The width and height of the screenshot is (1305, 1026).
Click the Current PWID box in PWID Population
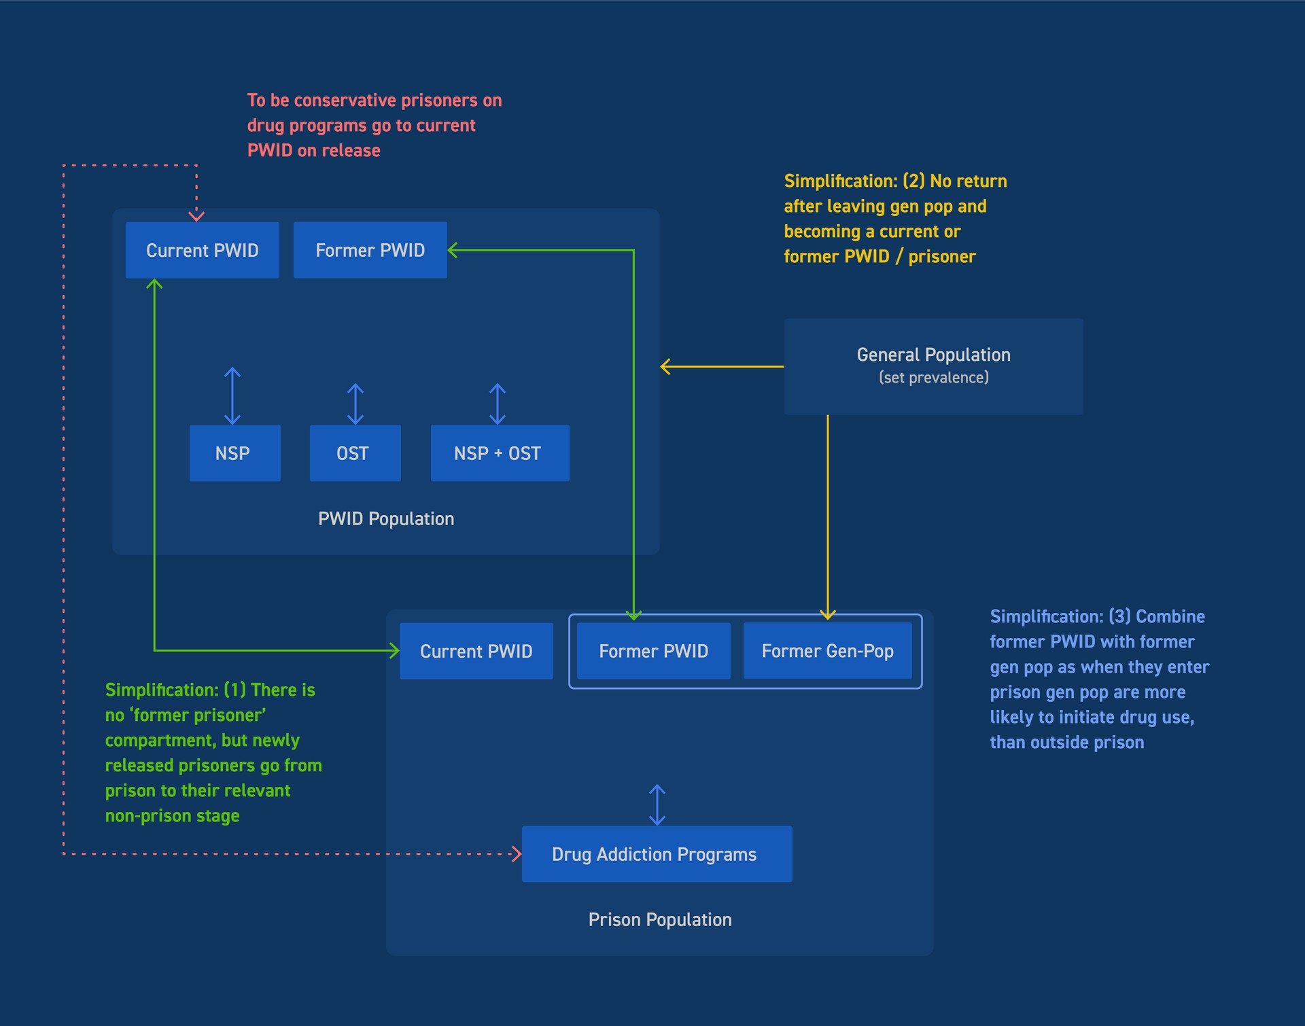[x=202, y=250]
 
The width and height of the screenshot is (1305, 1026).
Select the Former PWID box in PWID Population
[x=370, y=250]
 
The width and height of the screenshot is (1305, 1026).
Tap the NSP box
[x=234, y=453]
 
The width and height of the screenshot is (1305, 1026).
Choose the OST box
[x=355, y=453]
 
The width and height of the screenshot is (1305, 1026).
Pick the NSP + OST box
[x=500, y=453]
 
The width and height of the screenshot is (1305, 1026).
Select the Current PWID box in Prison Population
[x=476, y=651]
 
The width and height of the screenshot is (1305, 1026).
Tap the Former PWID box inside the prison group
[x=653, y=651]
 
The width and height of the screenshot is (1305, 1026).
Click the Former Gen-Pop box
[x=827, y=651]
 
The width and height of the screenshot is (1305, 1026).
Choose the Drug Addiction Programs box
[x=657, y=854]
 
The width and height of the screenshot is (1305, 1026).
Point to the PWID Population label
[x=386, y=519]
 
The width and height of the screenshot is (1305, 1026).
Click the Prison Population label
[x=659, y=920]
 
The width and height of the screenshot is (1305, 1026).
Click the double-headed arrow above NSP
[x=232, y=396]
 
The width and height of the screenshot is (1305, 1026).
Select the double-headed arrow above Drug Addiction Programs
[x=657, y=805]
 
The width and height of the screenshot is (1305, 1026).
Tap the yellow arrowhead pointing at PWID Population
[x=665, y=367]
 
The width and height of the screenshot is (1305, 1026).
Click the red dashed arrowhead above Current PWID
[x=196, y=216]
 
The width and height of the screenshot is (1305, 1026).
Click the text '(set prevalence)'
[x=933, y=378]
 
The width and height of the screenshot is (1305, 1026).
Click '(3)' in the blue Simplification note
[x=1119, y=616]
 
